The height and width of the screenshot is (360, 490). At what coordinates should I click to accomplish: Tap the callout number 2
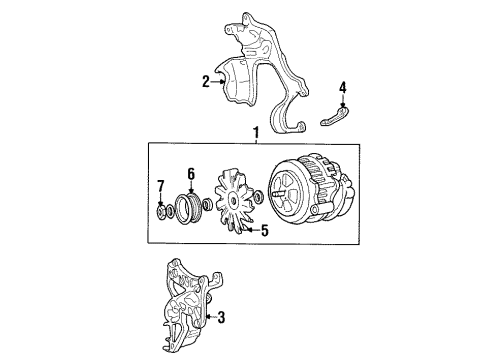tap(205, 82)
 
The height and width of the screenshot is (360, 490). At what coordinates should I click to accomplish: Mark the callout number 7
tap(159, 188)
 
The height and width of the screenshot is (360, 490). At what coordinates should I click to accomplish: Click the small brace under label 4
tap(338, 120)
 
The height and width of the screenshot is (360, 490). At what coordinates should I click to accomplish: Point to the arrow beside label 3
tap(207, 318)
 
